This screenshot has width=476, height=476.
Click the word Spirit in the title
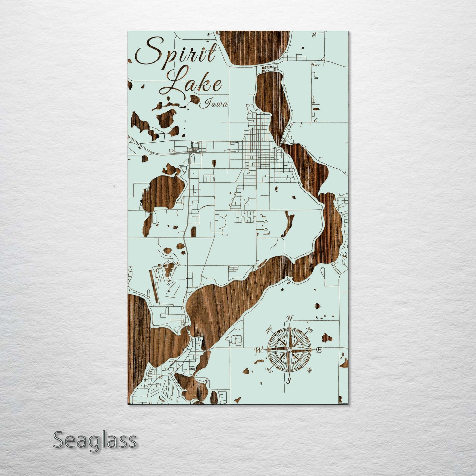176,52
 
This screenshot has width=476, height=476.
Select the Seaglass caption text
95,440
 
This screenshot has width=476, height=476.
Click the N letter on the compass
289,319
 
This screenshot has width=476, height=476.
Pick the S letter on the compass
289,381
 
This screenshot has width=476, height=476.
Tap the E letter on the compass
319,350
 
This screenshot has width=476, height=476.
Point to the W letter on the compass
258,350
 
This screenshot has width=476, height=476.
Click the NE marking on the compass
310,329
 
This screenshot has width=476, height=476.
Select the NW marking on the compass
269,329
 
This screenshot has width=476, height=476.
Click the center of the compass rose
289,350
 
